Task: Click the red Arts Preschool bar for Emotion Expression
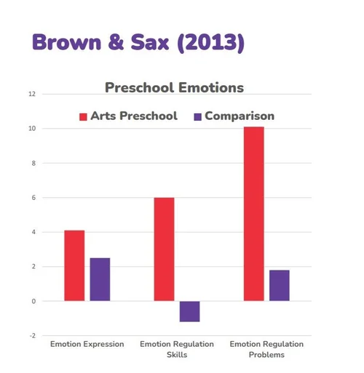click(74, 265)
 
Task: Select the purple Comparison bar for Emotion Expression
click(100, 279)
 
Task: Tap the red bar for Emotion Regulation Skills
click(164, 249)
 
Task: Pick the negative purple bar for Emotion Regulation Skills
click(190, 311)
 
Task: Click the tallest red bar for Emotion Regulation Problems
click(254, 214)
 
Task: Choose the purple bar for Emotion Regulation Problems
click(280, 286)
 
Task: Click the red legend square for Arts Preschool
click(83, 117)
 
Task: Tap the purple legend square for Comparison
click(198, 117)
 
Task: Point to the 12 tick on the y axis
click(32, 94)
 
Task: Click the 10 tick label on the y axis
click(32, 129)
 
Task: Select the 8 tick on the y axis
click(33, 163)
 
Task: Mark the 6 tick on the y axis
click(33, 198)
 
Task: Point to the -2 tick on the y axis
click(33, 336)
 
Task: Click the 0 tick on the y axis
click(33, 301)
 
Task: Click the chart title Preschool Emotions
click(174, 87)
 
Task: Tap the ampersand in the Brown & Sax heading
click(116, 42)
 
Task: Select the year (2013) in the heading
click(211, 43)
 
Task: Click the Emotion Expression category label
click(87, 344)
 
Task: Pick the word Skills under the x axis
click(177, 355)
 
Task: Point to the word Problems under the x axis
click(266, 355)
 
